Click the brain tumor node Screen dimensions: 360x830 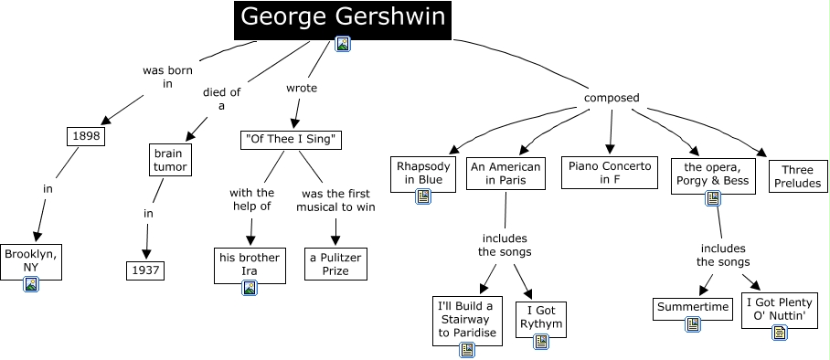click(x=169, y=160)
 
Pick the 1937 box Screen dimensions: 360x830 click(x=144, y=270)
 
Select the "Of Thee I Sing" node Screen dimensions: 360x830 click(x=291, y=140)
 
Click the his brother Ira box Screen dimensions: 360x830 click(x=249, y=258)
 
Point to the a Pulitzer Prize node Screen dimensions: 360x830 click(x=335, y=263)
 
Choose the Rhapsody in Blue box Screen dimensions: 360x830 click(x=423, y=174)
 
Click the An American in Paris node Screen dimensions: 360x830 click(x=505, y=173)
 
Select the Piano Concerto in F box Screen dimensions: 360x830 click(x=610, y=173)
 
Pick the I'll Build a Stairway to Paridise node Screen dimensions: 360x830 click(x=469, y=319)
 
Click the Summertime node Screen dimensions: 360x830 click(x=693, y=307)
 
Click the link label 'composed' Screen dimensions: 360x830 click(x=611, y=99)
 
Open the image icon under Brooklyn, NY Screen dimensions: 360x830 click(x=32, y=284)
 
